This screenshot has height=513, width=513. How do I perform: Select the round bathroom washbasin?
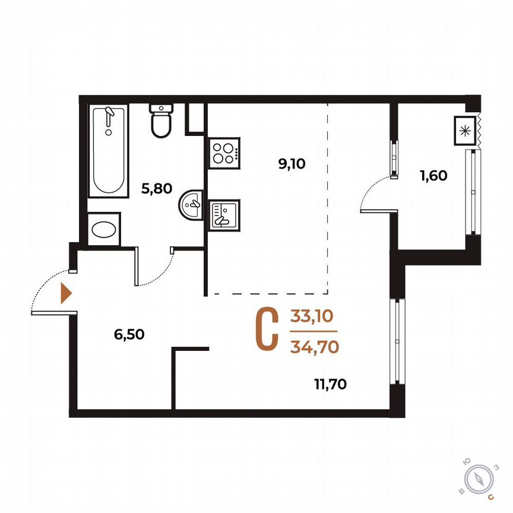191,205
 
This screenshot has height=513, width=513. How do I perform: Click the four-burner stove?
224,152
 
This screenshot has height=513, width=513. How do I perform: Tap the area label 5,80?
156,189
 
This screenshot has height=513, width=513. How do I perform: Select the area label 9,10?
291,164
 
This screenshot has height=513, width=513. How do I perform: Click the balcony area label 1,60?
433,175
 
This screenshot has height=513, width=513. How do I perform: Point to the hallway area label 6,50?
129,334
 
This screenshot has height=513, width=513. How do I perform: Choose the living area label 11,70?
331,384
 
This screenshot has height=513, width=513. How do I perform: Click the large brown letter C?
267,330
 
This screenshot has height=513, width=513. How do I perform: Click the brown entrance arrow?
66,293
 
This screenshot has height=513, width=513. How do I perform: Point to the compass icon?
479,479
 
